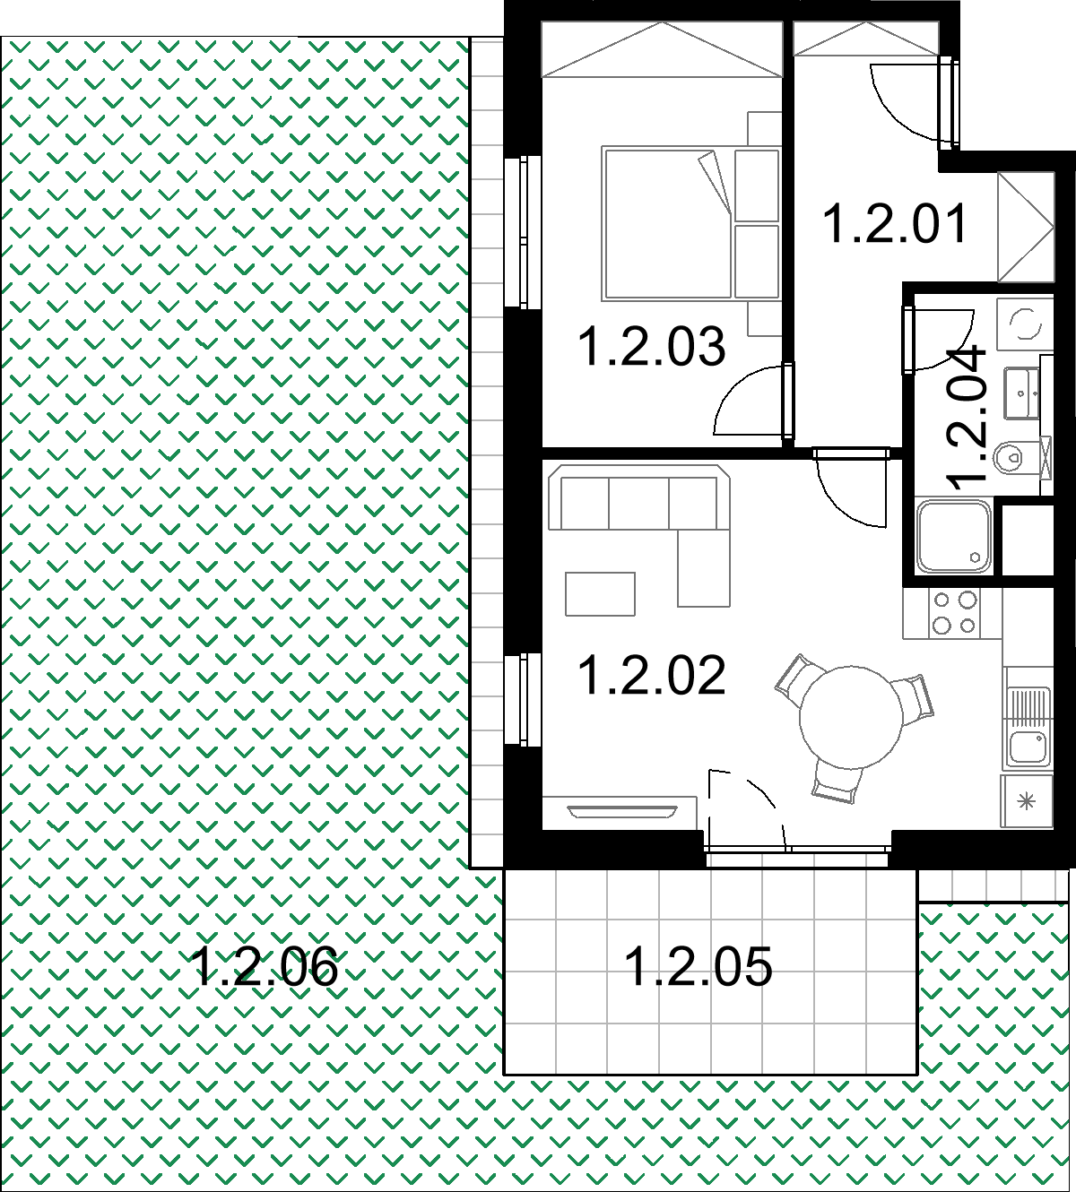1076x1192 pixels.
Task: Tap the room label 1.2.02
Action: click(652, 675)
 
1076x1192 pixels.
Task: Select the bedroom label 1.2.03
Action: click(652, 346)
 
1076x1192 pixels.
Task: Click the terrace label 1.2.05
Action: click(699, 966)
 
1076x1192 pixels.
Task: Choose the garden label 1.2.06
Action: click(265, 966)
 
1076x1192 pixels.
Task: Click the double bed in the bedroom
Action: click(690, 223)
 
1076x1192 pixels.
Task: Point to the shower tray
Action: click(953, 537)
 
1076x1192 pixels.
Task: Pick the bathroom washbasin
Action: click(1021, 393)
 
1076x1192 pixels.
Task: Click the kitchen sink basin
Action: click(1028, 747)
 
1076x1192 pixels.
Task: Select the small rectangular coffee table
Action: click(600, 594)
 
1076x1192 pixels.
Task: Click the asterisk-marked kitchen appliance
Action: click(1027, 801)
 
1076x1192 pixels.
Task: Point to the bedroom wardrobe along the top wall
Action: click(662, 49)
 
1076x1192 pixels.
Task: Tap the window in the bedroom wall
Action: click(523, 232)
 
